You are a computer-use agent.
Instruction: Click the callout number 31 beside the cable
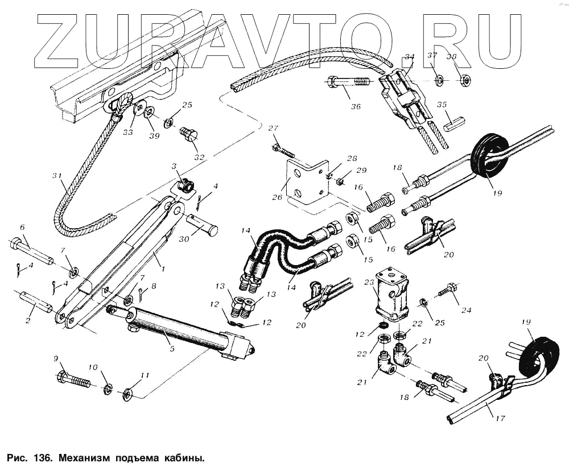point(55,176)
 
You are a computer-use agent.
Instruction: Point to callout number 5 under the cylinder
point(172,349)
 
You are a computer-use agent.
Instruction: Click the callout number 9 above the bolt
point(56,359)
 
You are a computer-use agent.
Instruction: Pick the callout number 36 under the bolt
point(356,106)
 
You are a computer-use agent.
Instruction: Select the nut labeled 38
point(465,81)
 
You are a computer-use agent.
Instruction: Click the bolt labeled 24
point(447,290)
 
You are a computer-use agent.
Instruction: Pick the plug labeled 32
point(188,136)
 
